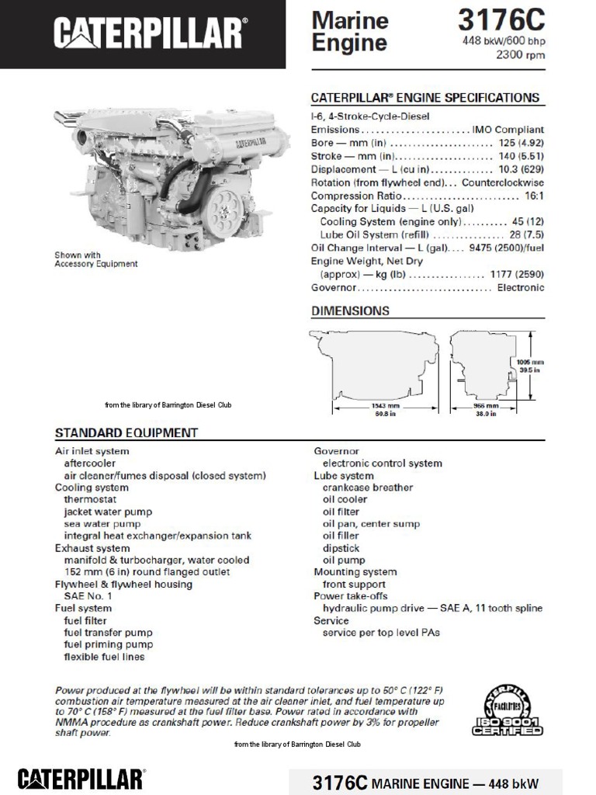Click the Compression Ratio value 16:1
(534, 196)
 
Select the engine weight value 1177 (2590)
(517, 274)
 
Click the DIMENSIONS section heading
(350, 311)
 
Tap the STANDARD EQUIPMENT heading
(126, 432)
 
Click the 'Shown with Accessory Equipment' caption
(95, 259)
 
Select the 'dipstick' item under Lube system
(341, 548)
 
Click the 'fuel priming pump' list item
(108, 644)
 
